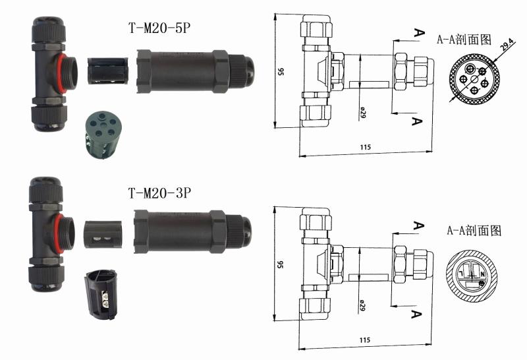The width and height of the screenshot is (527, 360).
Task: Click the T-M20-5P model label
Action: [x=159, y=28]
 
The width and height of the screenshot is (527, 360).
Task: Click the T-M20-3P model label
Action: [x=159, y=193]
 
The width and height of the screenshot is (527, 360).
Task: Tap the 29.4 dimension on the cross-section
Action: [x=507, y=44]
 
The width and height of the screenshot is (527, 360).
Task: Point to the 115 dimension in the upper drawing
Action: [x=366, y=147]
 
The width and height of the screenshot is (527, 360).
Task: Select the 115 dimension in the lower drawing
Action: [x=365, y=340]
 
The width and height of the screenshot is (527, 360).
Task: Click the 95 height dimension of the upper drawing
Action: [x=281, y=72]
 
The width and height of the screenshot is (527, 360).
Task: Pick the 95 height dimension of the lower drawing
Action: [x=280, y=264]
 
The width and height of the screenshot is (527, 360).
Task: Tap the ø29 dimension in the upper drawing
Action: [x=363, y=112]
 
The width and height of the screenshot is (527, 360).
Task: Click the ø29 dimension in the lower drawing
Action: [x=362, y=305]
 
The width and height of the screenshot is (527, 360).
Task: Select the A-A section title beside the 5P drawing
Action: [x=464, y=40]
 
